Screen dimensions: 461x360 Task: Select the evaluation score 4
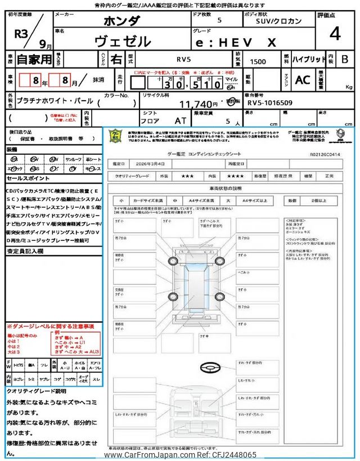point(335,34)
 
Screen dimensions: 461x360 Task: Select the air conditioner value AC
point(303,80)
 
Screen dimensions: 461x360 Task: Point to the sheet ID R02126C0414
point(326,153)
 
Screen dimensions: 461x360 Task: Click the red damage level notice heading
point(50,326)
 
